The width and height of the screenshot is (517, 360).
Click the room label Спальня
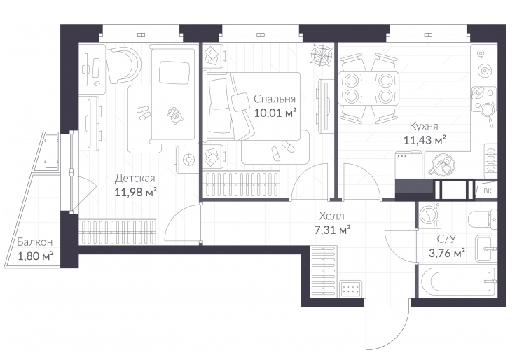pyautogui.click(x=275, y=99)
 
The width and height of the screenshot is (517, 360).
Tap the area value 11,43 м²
pyautogui.click(x=425, y=140)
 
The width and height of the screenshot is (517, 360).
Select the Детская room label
pyautogui.click(x=135, y=179)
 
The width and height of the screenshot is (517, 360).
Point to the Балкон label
pyautogui.click(x=34, y=242)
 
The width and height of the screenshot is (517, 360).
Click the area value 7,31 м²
pyautogui.click(x=332, y=230)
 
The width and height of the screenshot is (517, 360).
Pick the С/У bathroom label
pyautogui.click(x=446, y=239)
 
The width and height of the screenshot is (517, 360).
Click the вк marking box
pyautogui.click(x=487, y=191)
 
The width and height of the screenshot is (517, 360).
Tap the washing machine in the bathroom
pyautogui.click(x=429, y=215)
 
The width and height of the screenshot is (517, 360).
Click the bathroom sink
pyautogui.click(x=486, y=249)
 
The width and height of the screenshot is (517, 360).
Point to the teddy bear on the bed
pyautogui.click(x=175, y=115)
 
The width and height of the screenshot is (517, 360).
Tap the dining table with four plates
pyautogui.click(x=368, y=88)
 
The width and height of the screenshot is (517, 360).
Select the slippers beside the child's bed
pyautogui.click(x=143, y=112)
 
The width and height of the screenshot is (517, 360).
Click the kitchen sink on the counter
pyautogui.click(x=483, y=97)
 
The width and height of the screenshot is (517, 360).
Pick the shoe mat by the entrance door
pyautogui.click(x=350, y=289)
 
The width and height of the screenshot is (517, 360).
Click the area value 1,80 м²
pyautogui.click(x=35, y=256)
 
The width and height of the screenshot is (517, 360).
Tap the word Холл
pyautogui.click(x=331, y=216)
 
